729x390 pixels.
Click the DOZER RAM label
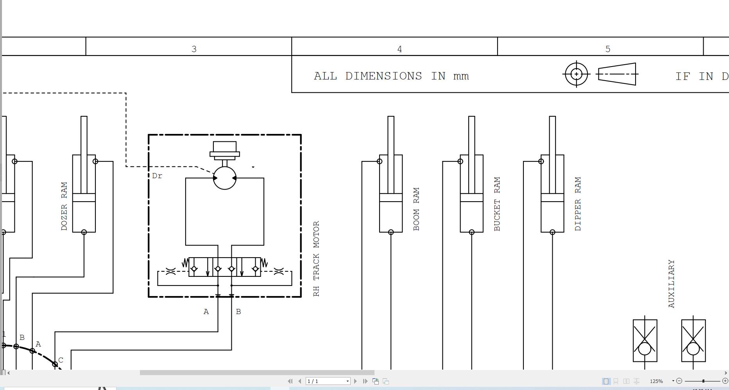64,206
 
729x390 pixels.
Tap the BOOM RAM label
416,209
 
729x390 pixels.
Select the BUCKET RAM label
497,204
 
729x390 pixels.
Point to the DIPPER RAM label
578,204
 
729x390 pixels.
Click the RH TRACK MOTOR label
317,259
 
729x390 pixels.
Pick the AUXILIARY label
672,284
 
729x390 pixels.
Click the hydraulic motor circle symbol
225,178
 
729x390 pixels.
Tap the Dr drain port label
157,176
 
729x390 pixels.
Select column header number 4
399,49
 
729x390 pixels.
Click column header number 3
194,49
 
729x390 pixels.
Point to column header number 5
608,49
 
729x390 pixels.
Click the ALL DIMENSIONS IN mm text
391,76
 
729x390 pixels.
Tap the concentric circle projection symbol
576,74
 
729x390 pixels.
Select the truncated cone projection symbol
617,74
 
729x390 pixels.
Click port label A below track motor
206,312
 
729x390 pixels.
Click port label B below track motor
238,312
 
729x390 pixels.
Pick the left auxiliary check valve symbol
645,341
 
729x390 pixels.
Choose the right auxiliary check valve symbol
693,341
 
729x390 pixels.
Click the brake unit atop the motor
225,151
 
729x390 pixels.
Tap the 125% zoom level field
657,381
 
